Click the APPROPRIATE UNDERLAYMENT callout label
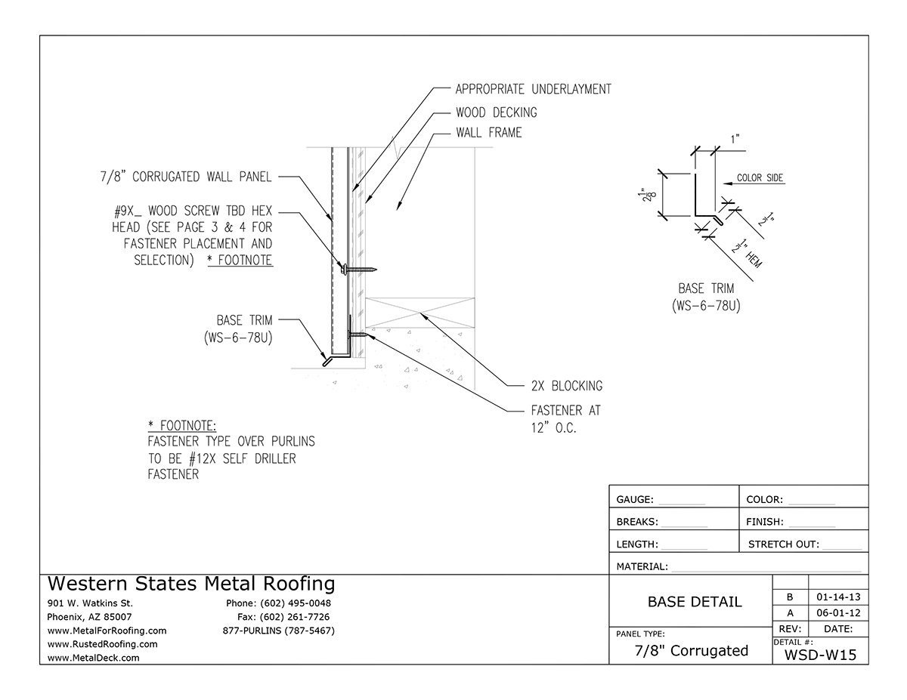[533, 89]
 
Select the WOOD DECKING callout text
[496, 113]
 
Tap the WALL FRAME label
[488, 133]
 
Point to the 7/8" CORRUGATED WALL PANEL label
[185, 177]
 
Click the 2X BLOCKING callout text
[566, 386]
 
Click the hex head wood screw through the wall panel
[355, 269]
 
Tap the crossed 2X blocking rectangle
[420, 312]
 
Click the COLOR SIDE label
[760, 179]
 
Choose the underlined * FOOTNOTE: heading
[182, 426]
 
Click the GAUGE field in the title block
[660, 500]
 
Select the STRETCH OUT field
[804, 544]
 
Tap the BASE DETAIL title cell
[695, 602]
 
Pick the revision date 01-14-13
[837, 597]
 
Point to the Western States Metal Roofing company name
[191, 584]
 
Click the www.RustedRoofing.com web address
[103, 644]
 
